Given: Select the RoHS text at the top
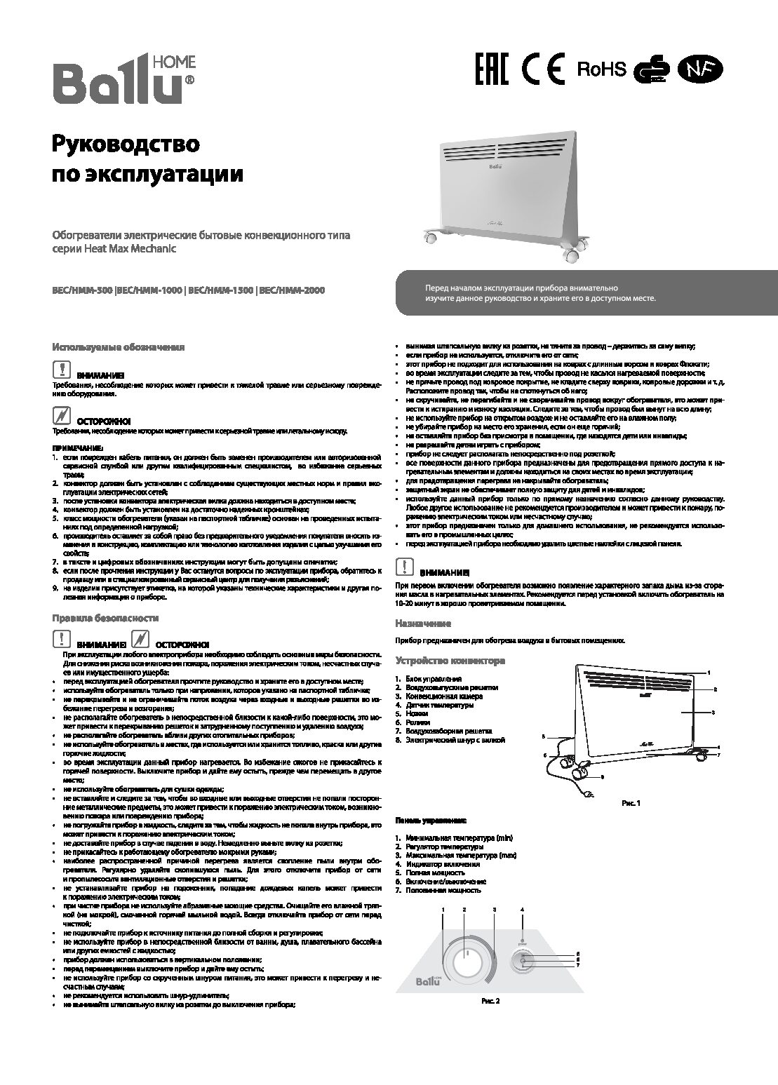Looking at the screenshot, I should [601, 69].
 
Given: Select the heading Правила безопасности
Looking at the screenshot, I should [105, 618].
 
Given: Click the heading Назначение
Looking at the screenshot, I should [422, 624].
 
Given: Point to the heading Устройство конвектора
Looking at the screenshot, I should [450, 661].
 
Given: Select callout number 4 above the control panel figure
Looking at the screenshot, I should [522, 910].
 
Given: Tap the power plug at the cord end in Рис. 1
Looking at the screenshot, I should [590, 794].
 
